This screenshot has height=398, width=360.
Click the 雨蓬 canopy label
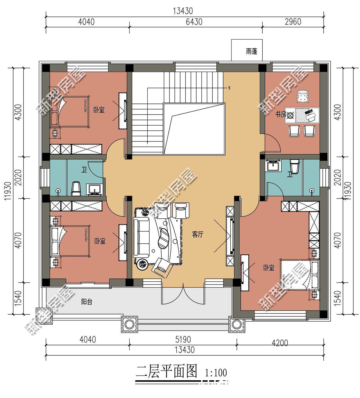[251, 52]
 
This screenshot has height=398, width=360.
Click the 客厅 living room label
[197, 234]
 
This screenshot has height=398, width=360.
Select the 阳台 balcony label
[87, 302]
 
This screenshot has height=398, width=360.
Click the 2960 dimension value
[293, 22]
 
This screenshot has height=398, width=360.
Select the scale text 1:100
[216, 373]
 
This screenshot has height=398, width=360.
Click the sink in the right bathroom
[273, 166]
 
